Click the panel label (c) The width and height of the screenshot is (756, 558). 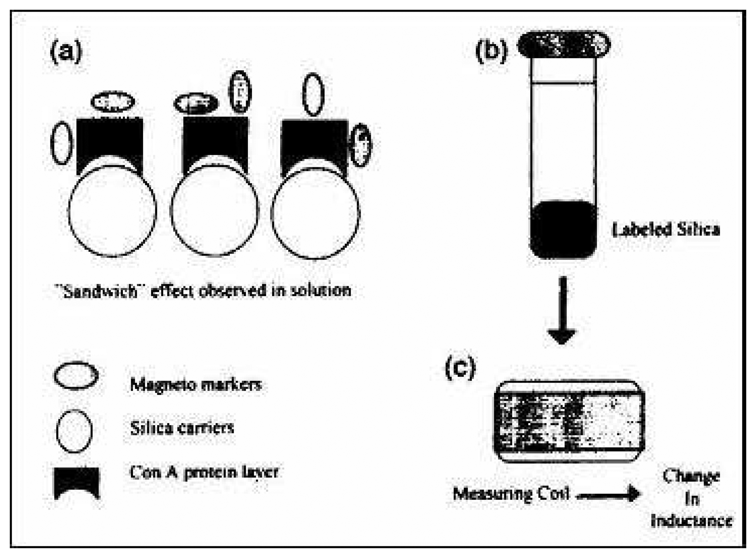click(460, 368)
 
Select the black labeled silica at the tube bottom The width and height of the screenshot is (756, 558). click(563, 229)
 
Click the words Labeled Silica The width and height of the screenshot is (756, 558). click(665, 230)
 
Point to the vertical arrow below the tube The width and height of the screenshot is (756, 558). click(563, 310)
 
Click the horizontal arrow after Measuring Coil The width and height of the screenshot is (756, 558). click(608, 494)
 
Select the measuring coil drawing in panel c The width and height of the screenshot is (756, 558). click(569, 421)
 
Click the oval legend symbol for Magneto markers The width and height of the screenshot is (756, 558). click(76, 375)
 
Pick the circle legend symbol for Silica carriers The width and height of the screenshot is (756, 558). click(74, 431)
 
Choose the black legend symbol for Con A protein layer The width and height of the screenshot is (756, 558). click(77, 482)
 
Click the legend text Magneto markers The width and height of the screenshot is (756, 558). click(196, 385)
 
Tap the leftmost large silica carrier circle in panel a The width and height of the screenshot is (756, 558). click(112, 211)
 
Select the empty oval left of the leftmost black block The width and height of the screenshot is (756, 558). click(62, 143)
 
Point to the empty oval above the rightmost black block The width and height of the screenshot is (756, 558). click(313, 94)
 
